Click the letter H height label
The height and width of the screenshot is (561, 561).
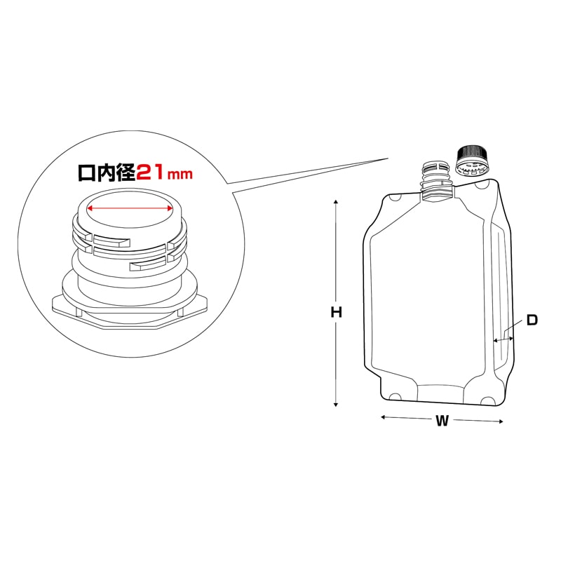[337, 313]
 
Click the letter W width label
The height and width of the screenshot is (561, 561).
[442, 421]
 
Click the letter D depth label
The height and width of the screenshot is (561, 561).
[532, 320]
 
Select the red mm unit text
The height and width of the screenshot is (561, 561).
[180, 175]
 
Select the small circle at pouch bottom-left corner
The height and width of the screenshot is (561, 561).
[395, 398]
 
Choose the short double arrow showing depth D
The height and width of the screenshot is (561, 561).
[504, 339]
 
